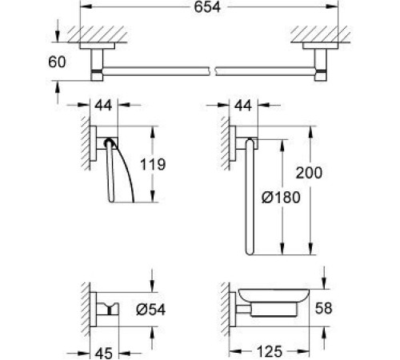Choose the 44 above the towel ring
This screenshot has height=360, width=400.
pos(246,106)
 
